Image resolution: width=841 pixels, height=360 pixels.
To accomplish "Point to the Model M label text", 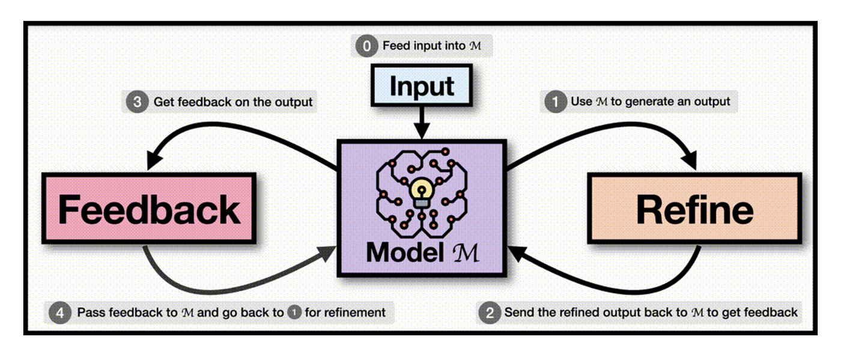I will (x=422, y=252).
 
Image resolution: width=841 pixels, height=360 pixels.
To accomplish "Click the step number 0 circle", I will (x=366, y=46).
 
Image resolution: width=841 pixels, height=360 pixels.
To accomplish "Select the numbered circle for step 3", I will (x=137, y=102).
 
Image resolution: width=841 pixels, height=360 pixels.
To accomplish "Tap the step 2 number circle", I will (x=490, y=313).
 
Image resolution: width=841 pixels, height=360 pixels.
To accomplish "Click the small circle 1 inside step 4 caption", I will (x=294, y=313).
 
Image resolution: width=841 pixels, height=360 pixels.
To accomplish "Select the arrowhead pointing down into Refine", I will (x=690, y=162).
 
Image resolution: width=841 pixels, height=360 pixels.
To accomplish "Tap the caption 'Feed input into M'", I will (x=432, y=46).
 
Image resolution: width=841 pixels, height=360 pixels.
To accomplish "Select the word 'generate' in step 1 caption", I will (x=649, y=102).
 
